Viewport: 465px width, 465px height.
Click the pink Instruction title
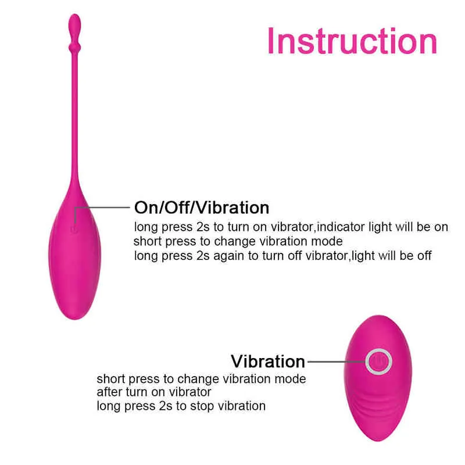coord(352,41)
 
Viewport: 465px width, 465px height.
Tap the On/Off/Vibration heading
coord(202,208)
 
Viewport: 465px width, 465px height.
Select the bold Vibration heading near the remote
coord(268,361)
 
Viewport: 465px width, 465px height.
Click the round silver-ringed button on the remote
coord(379,362)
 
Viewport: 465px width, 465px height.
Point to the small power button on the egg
coord(74,229)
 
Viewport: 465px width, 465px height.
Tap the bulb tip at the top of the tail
coord(74,24)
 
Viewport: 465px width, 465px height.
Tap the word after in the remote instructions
coord(109,392)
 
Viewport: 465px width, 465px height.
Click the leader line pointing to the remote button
coord(337,362)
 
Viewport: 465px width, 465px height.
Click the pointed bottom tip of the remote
coord(378,441)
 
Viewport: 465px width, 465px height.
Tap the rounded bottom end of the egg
coord(75,317)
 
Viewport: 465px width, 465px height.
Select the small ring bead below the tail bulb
coord(74,47)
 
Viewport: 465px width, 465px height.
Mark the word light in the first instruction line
coord(380,227)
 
